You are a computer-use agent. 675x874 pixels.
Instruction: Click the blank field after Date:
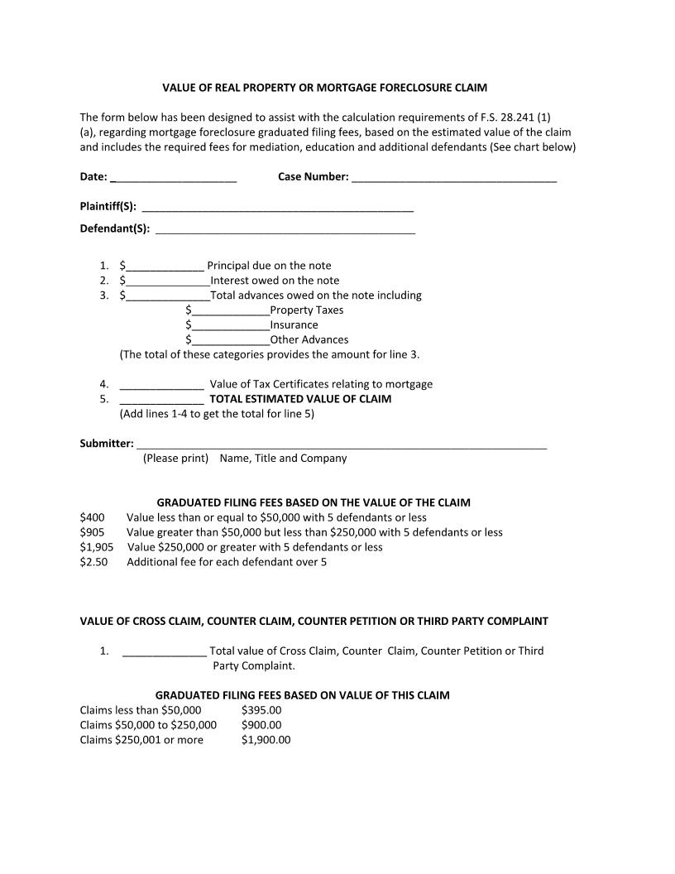tap(173, 177)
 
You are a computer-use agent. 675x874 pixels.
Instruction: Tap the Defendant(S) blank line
tap(285, 229)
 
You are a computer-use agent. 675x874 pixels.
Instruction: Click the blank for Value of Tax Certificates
tap(161, 385)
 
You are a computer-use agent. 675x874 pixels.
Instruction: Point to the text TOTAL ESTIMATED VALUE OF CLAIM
tap(300, 399)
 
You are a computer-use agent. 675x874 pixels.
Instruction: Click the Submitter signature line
tap(341, 444)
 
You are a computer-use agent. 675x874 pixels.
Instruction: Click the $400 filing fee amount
tap(92, 517)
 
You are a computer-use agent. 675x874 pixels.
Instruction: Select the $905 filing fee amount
tap(92, 532)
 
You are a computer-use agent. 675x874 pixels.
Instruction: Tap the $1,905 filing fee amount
tap(96, 547)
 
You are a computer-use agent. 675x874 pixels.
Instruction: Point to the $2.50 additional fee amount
tap(93, 562)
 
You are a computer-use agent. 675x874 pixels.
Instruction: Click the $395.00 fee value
tap(261, 710)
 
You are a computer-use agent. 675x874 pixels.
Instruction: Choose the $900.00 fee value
tap(261, 725)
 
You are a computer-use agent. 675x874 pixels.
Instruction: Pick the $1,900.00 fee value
tap(266, 740)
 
